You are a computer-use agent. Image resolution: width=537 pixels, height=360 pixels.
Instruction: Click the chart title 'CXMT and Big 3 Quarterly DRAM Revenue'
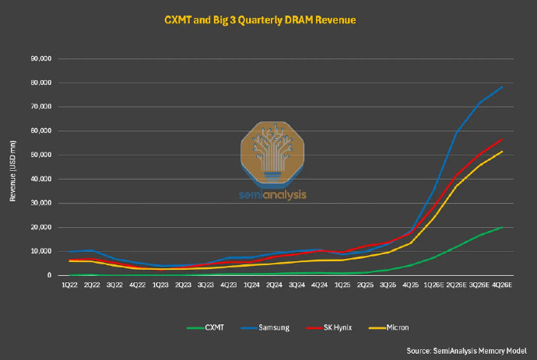(x=260, y=20)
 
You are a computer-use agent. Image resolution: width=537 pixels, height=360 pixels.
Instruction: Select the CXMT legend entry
(x=205, y=327)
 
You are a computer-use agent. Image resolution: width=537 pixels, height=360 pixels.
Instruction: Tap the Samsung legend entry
(x=265, y=327)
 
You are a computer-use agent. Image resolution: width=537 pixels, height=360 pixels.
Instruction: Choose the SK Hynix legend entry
(x=329, y=327)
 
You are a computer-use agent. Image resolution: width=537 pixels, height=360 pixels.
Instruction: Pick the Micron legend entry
(x=388, y=327)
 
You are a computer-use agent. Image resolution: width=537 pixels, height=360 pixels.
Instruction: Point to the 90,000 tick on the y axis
(x=41, y=58)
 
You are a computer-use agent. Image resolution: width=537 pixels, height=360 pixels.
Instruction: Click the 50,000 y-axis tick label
(x=41, y=155)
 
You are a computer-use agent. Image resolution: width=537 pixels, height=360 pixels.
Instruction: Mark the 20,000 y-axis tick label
(x=41, y=227)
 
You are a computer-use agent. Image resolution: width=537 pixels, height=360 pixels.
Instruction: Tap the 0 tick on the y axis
(x=50, y=275)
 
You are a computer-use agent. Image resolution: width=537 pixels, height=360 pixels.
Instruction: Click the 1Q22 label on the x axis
(x=69, y=285)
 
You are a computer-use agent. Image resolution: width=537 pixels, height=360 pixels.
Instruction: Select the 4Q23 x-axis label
(x=229, y=285)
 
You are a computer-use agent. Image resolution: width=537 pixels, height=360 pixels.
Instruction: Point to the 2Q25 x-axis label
(x=365, y=285)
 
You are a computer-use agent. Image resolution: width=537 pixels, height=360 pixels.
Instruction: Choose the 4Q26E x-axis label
(x=502, y=285)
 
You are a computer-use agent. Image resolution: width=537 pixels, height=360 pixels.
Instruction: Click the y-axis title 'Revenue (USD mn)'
(x=12, y=171)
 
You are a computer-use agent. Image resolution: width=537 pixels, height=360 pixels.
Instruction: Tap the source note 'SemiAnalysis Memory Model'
(x=480, y=351)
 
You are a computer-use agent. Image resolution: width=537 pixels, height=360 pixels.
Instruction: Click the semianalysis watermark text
(x=272, y=194)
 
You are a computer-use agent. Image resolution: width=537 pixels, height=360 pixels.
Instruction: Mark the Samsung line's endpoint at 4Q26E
(x=502, y=87)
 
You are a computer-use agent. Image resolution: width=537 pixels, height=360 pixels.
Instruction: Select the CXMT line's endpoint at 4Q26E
(x=502, y=227)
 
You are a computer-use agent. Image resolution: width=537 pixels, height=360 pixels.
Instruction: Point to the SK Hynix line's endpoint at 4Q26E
(x=502, y=139)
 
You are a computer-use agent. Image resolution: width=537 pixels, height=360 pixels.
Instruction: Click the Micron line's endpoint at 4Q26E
(x=502, y=152)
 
